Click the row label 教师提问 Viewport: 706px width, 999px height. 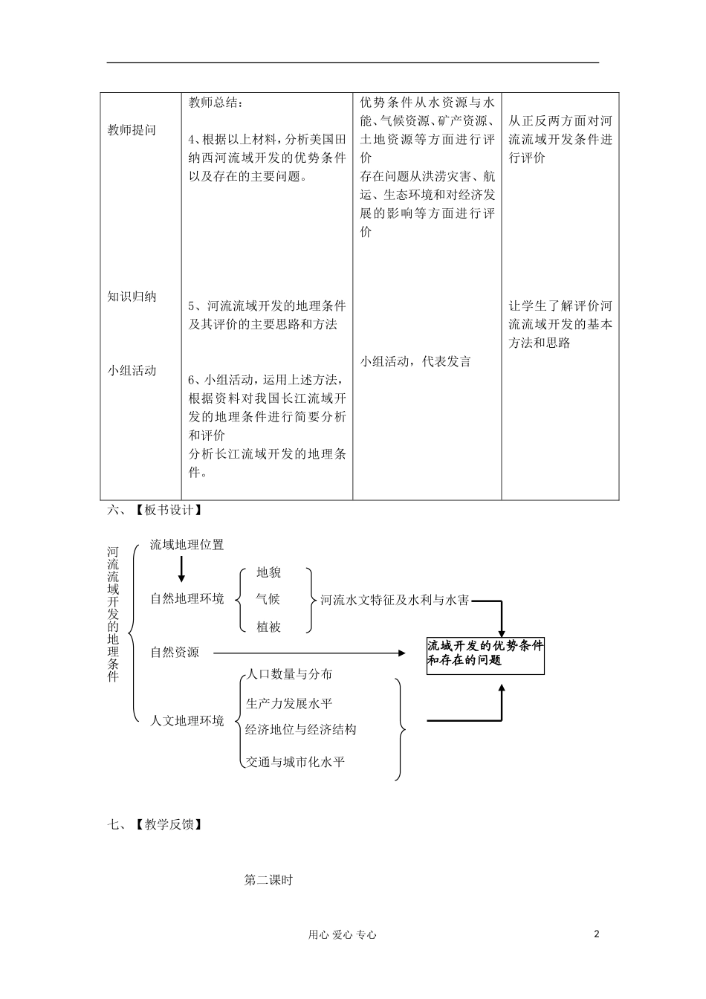tap(132, 130)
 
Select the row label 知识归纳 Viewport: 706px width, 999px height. tap(132, 297)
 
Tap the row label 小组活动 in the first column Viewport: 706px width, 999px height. tap(132, 370)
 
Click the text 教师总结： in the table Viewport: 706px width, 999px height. tap(216, 103)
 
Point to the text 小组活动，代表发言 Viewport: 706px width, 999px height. tap(415, 362)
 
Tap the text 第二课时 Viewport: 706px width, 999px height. tap(269, 880)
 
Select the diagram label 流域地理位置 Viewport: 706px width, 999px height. tap(187, 545)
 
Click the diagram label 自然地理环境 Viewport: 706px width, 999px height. tap(187, 598)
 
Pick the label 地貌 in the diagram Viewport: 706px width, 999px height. tap(268, 572)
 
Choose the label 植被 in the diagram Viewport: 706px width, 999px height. tap(268, 627)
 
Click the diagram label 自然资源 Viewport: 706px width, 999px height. tap(175, 653)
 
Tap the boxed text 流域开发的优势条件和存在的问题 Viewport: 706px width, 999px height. tap(485, 653)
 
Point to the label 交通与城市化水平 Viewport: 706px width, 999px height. tap(295, 762)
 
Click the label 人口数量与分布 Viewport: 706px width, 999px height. tap(289, 674)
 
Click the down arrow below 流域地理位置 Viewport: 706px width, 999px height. tap(181, 569)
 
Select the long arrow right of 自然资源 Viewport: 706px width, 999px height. tap(309, 653)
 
